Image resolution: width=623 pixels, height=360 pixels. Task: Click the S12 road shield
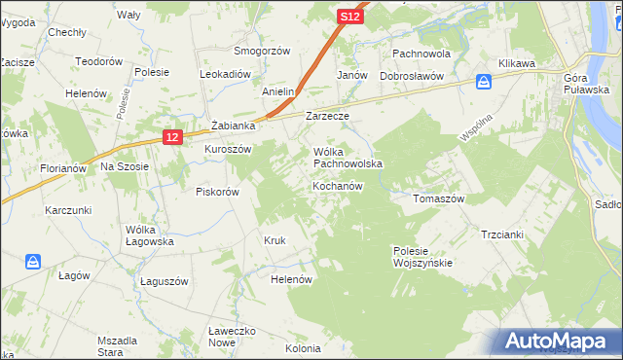pos(351,17)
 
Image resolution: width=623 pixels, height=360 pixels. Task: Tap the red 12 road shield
pos(172,138)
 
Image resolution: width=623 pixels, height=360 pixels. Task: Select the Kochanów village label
pos(338,186)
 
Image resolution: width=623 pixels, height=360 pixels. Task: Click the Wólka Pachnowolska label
pos(348,159)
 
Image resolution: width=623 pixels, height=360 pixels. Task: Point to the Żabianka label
pos(233,126)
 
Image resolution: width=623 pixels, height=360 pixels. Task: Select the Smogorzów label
pos(262,50)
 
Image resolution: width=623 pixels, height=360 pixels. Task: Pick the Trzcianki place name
pos(502,234)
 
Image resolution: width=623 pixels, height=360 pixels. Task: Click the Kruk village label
pos(275,240)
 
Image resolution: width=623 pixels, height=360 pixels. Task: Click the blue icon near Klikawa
pos(484,82)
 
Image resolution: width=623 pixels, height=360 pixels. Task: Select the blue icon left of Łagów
pos(33,262)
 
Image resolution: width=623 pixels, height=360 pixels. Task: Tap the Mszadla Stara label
pos(116,345)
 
